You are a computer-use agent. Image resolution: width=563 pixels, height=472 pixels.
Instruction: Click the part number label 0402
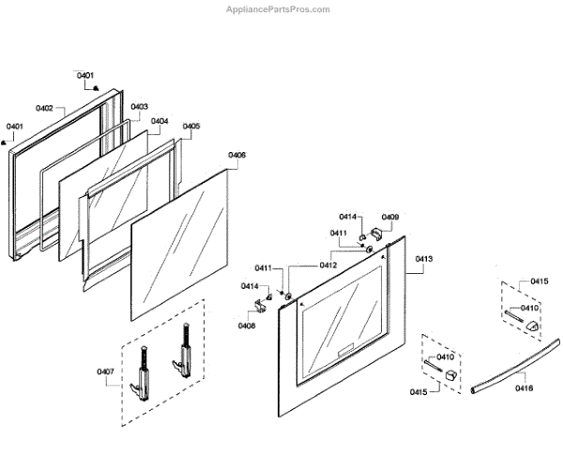coord(45,109)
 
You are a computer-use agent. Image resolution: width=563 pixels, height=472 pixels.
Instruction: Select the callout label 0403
coord(139,107)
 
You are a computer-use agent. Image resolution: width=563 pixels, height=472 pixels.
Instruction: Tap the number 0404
coord(160,121)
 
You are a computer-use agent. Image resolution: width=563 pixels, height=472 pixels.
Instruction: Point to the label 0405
coord(190,126)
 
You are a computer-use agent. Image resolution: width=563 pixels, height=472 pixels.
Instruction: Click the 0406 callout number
coord(236,155)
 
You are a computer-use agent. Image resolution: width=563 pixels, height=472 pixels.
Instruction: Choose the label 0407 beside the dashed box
coord(105,373)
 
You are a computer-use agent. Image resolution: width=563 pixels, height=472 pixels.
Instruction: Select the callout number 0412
coord(328,265)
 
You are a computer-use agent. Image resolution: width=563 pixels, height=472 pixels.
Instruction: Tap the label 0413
coord(424,258)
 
